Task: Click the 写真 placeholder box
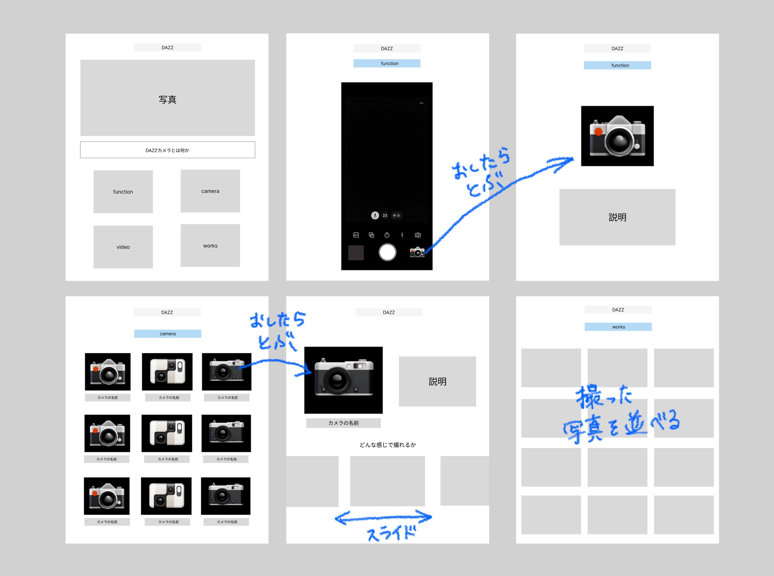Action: click(x=167, y=98)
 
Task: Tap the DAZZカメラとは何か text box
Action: click(x=167, y=150)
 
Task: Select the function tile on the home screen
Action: click(x=123, y=192)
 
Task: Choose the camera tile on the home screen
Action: click(x=210, y=191)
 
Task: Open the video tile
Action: click(x=123, y=247)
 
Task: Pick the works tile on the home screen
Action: click(x=210, y=246)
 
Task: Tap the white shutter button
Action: click(x=387, y=252)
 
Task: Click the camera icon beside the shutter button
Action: click(x=417, y=252)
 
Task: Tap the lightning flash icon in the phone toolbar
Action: click(x=402, y=235)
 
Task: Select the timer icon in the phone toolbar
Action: click(x=387, y=235)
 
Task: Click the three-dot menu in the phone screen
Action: click(x=421, y=103)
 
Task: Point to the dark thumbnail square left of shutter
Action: click(x=356, y=253)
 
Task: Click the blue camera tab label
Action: click(x=168, y=334)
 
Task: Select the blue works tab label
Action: click(x=618, y=327)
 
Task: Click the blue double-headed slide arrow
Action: click(x=383, y=518)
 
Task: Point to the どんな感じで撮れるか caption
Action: click(x=388, y=445)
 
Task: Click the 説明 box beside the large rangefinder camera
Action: click(x=437, y=381)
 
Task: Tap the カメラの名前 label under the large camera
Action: click(x=344, y=423)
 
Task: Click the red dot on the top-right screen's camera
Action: click(x=598, y=131)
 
